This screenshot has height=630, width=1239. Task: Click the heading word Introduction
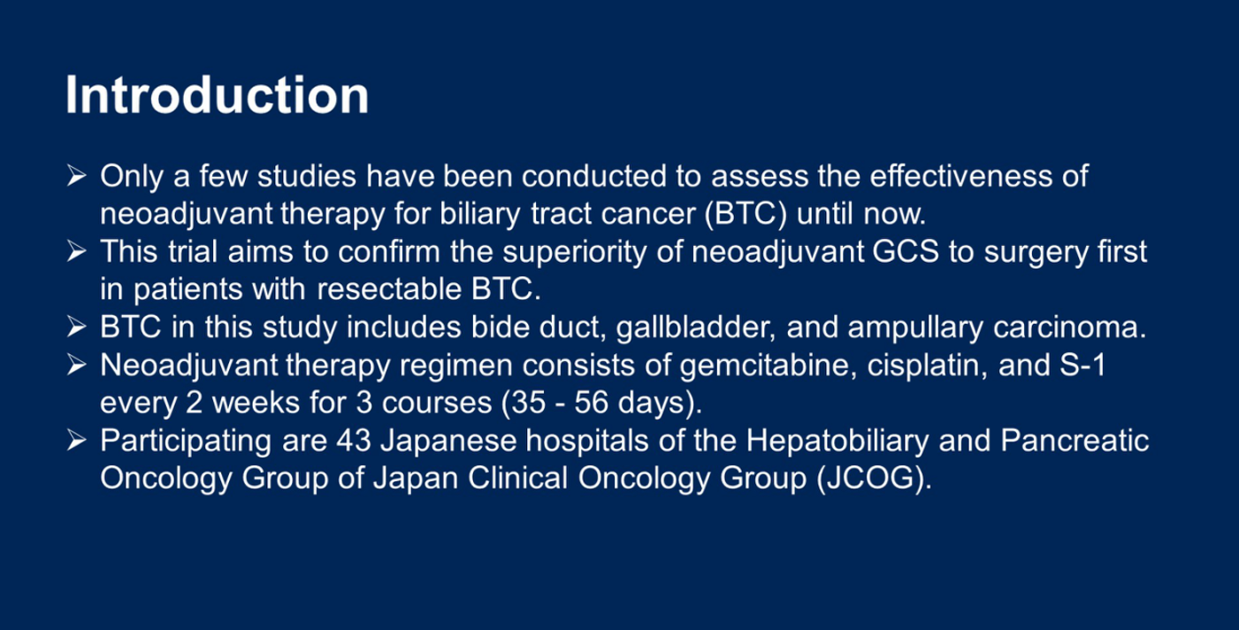[218, 96]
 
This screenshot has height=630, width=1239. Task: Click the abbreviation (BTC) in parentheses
[746, 214]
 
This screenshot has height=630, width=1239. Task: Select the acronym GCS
[906, 251]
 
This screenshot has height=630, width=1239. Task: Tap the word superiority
[575, 252]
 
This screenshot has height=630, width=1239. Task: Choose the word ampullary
[915, 328]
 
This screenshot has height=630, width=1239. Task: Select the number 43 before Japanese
[354, 441]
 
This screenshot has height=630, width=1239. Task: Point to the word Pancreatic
[1075, 441]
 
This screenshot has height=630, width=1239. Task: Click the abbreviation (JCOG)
[874, 479]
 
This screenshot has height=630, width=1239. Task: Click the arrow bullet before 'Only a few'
[76, 176]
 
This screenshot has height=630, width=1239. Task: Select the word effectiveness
[960, 176]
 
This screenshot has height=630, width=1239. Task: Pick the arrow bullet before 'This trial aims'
[76, 252]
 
